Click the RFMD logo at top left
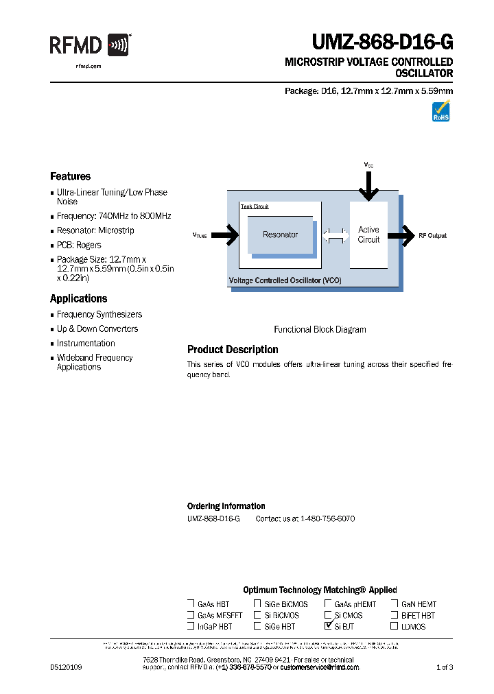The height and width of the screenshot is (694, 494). click(89, 46)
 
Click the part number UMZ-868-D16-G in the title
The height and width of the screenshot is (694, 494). click(382, 43)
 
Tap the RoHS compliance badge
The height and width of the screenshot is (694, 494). click(440, 111)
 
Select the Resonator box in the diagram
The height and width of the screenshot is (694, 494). click(280, 235)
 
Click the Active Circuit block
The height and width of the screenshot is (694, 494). click(368, 235)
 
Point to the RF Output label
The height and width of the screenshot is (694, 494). click(432, 235)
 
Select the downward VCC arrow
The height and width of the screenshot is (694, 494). click(368, 185)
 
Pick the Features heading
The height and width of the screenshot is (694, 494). click(70, 176)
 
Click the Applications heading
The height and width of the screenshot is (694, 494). click(78, 298)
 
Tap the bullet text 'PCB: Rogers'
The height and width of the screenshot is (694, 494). click(79, 245)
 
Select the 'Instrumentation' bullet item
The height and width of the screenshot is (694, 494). click(86, 343)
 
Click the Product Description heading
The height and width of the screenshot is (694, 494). click(233, 349)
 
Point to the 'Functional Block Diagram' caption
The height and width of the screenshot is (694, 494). click(320, 329)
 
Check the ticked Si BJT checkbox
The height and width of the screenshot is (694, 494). click(328, 625)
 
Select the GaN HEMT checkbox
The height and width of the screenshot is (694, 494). click(395, 603)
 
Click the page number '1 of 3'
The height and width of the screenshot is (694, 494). click(445, 667)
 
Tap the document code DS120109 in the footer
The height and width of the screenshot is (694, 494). click(66, 667)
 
